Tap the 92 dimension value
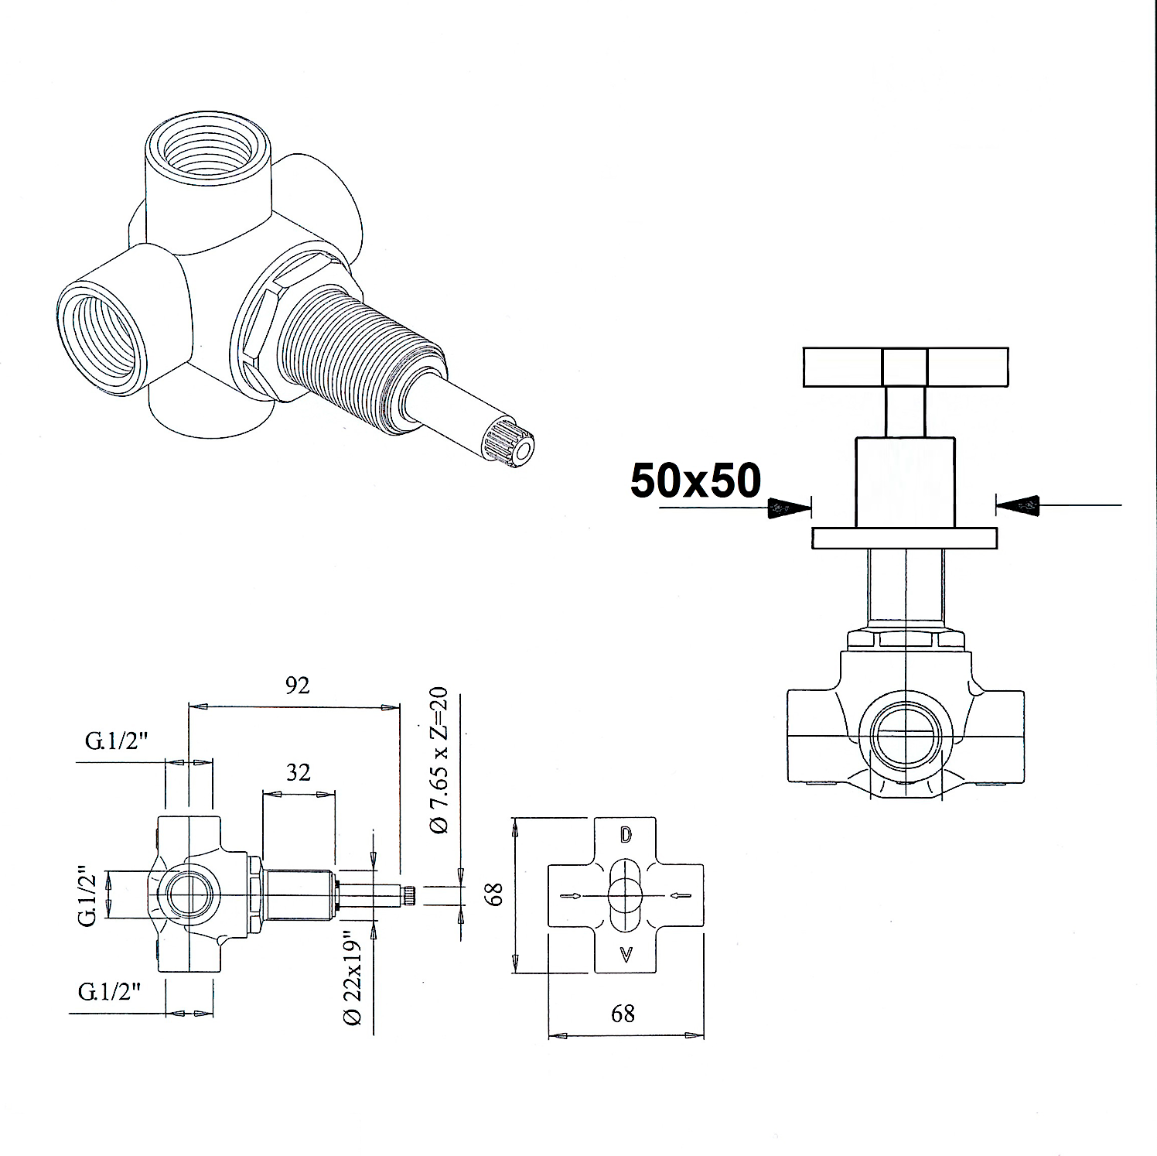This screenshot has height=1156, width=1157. pyautogui.click(x=297, y=685)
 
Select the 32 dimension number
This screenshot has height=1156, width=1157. pyautogui.click(x=299, y=772)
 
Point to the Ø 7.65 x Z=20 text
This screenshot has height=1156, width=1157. pyautogui.click(x=439, y=760)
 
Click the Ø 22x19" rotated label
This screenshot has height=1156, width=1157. pyautogui.click(x=353, y=977)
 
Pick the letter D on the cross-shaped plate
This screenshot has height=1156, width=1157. pyautogui.click(x=626, y=836)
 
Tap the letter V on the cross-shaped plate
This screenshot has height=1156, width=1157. pyautogui.click(x=626, y=955)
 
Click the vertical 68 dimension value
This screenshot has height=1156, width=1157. pyautogui.click(x=496, y=894)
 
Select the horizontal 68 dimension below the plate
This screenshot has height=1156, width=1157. pyautogui.click(x=623, y=1013)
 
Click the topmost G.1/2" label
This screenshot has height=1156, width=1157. pyautogui.click(x=117, y=741)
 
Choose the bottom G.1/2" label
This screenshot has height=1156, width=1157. pyautogui.click(x=110, y=992)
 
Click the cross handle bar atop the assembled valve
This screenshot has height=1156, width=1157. pyautogui.click(x=905, y=368)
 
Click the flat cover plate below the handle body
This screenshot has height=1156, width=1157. pyautogui.click(x=904, y=538)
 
